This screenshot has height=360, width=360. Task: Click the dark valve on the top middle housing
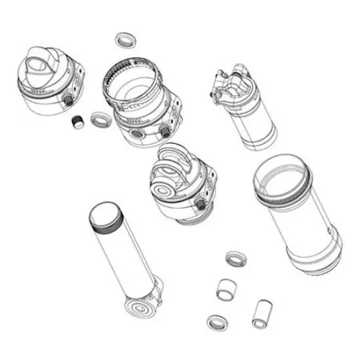165,130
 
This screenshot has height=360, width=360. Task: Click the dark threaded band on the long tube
106,220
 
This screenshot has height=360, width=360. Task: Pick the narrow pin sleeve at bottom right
261,311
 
